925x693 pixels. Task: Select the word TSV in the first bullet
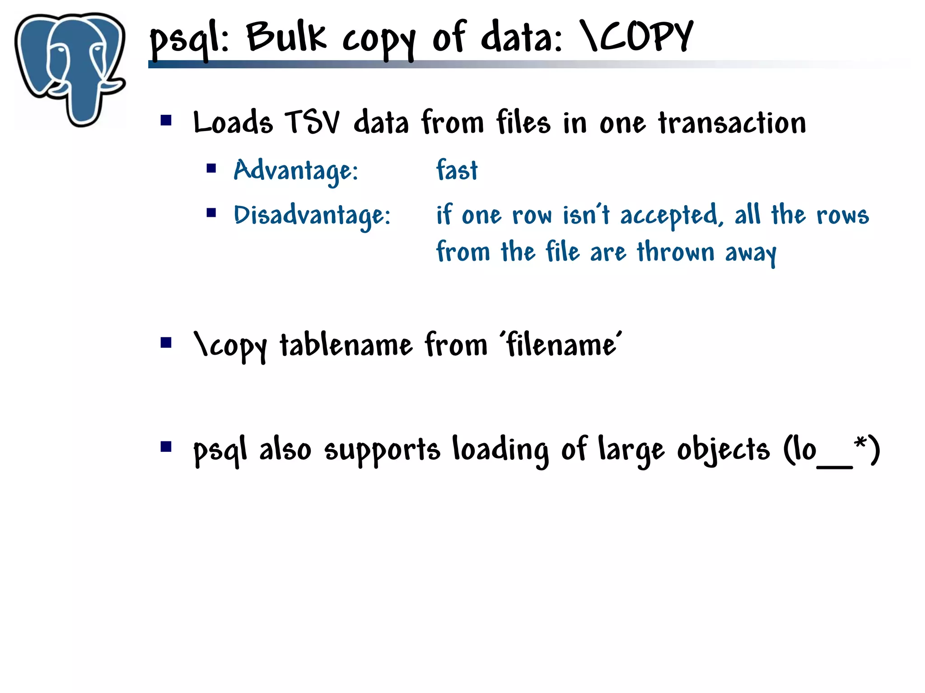(312, 122)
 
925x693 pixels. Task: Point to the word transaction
(732, 122)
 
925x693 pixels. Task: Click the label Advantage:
(296, 171)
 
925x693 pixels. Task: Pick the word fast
(457, 171)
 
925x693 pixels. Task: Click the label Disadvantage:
(312, 215)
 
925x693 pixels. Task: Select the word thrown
(676, 252)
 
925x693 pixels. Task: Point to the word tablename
(346, 345)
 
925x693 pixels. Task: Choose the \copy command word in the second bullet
(230, 346)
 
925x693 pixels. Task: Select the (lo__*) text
(832, 450)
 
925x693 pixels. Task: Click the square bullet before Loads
(166, 120)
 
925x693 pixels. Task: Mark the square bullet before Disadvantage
(211, 212)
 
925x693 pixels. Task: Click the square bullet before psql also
(166, 447)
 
